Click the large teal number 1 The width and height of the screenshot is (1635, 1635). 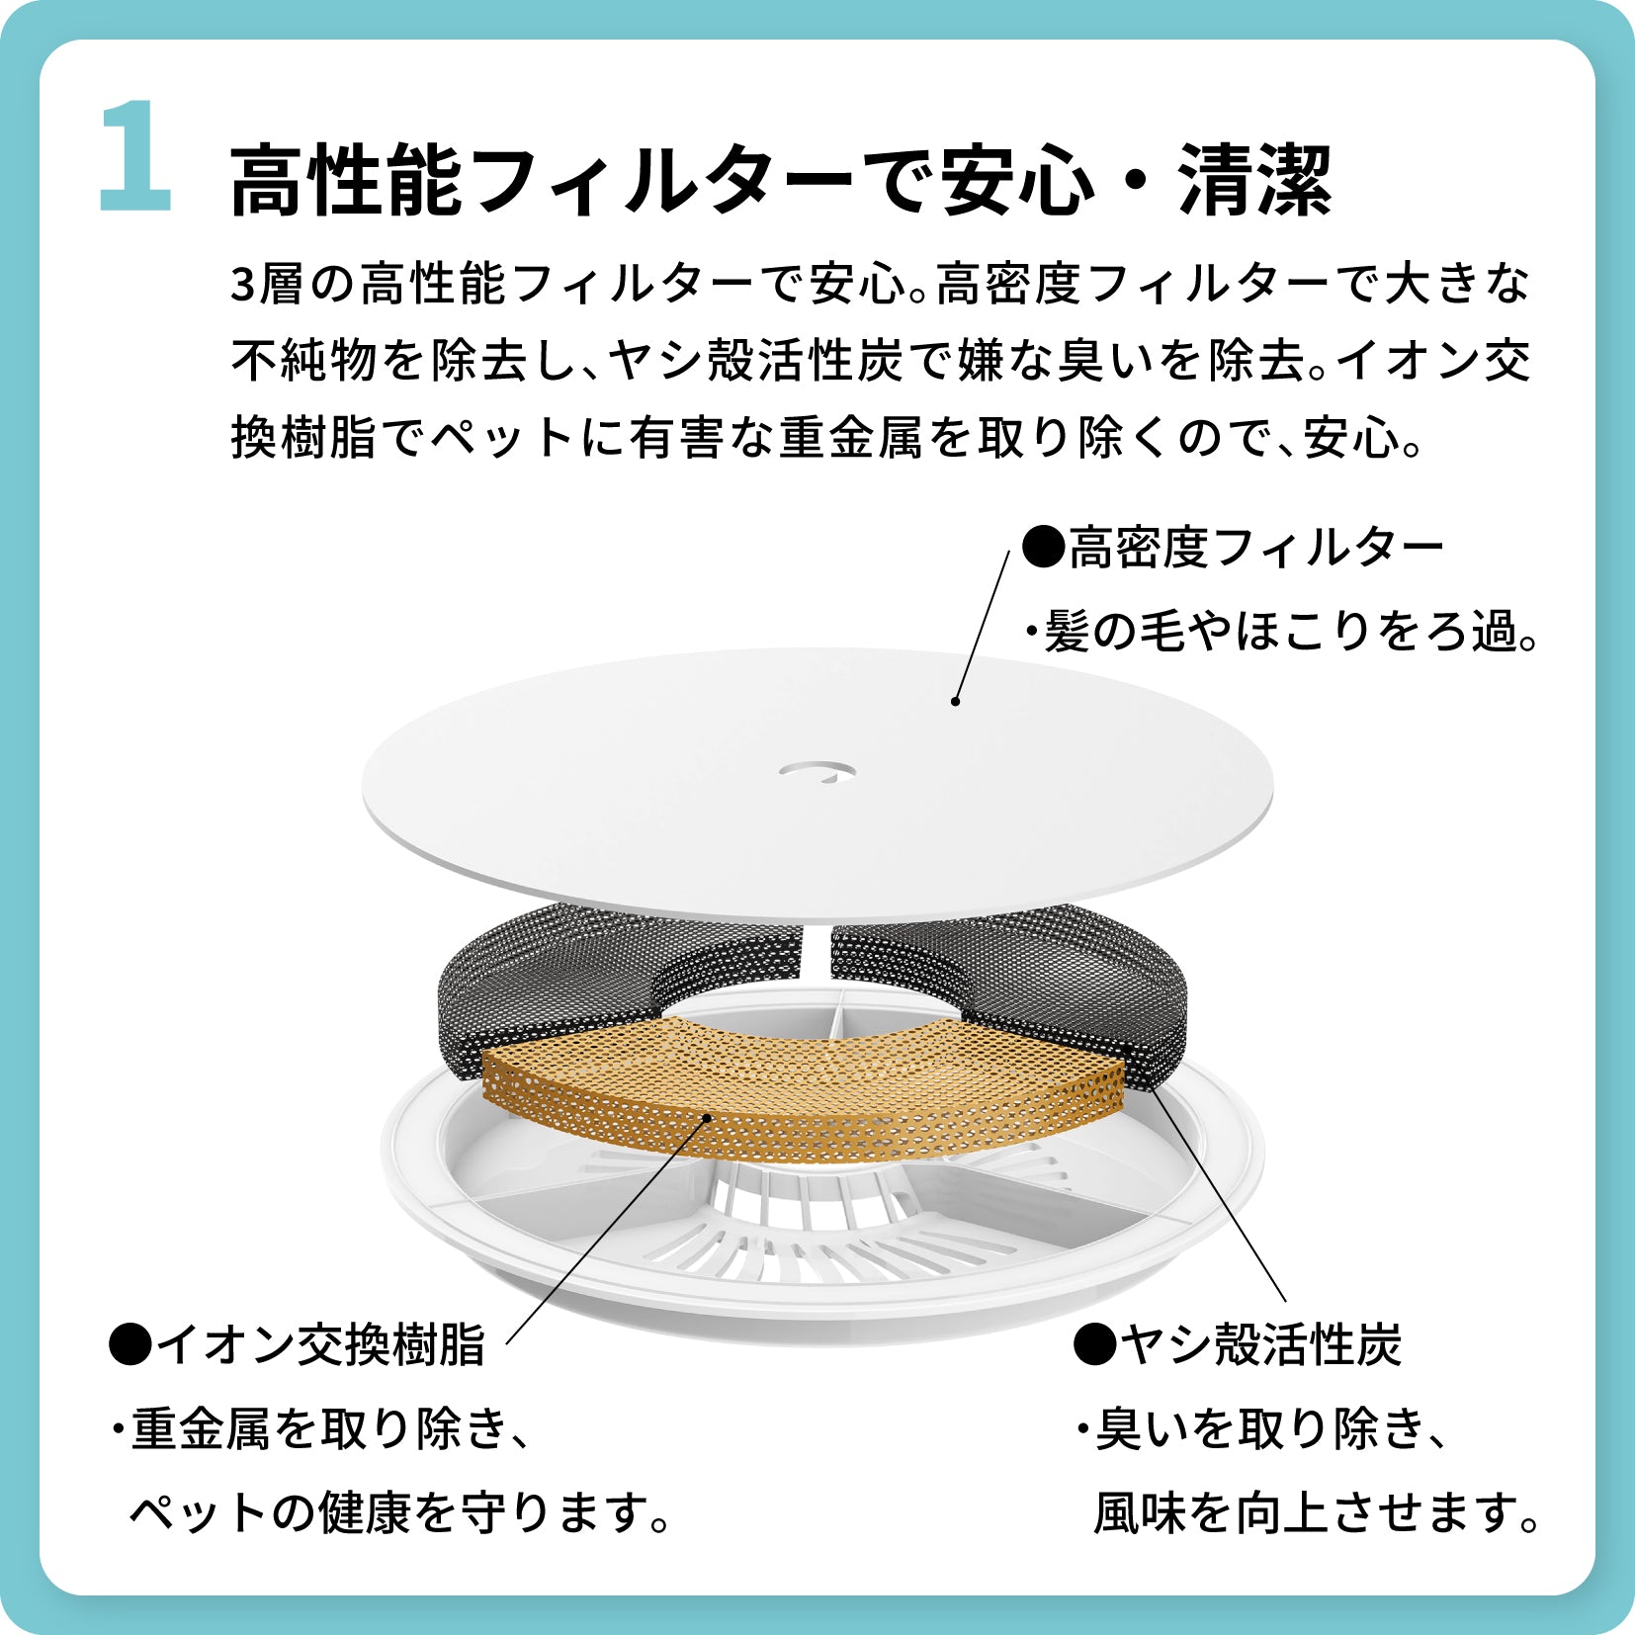click(x=135, y=155)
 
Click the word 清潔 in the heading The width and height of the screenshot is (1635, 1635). click(x=1255, y=181)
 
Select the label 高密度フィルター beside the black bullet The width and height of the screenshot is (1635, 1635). click(x=1256, y=547)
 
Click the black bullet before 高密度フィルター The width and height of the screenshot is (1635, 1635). click(x=1043, y=546)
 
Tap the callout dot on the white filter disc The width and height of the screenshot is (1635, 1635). click(x=956, y=702)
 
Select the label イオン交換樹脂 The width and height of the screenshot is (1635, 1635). click(x=321, y=1345)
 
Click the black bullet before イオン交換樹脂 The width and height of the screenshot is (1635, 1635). click(x=129, y=1345)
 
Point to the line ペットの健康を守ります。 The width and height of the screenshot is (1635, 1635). click(x=400, y=1512)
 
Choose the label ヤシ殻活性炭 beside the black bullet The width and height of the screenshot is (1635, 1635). click(x=1262, y=1345)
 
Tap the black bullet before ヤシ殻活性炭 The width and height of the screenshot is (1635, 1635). click(x=1095, y=1345)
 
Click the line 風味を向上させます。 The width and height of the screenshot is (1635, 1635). click(x=1317, y=1512)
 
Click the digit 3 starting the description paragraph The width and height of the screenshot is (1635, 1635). click(x=243, y=285)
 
